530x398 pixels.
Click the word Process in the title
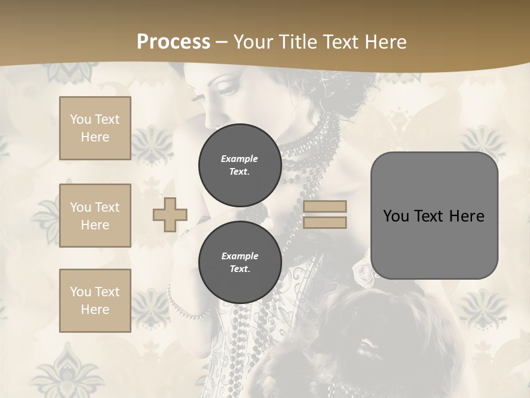(173, 41)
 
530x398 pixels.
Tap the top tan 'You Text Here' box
(95, 128)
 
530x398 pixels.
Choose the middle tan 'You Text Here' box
(95, 216)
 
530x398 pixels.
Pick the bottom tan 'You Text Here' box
(95, 301)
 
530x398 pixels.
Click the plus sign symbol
(170, 215)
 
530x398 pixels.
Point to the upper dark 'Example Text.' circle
(240, 165)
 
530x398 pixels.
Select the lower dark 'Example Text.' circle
(240, 262)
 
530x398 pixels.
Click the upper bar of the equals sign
(325, 206)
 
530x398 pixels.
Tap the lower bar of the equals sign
(325, 222)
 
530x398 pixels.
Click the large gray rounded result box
(434, 216)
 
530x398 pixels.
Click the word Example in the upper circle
(240, 159)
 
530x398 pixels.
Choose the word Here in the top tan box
(95, 137)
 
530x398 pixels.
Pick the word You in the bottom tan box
(80, 291)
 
